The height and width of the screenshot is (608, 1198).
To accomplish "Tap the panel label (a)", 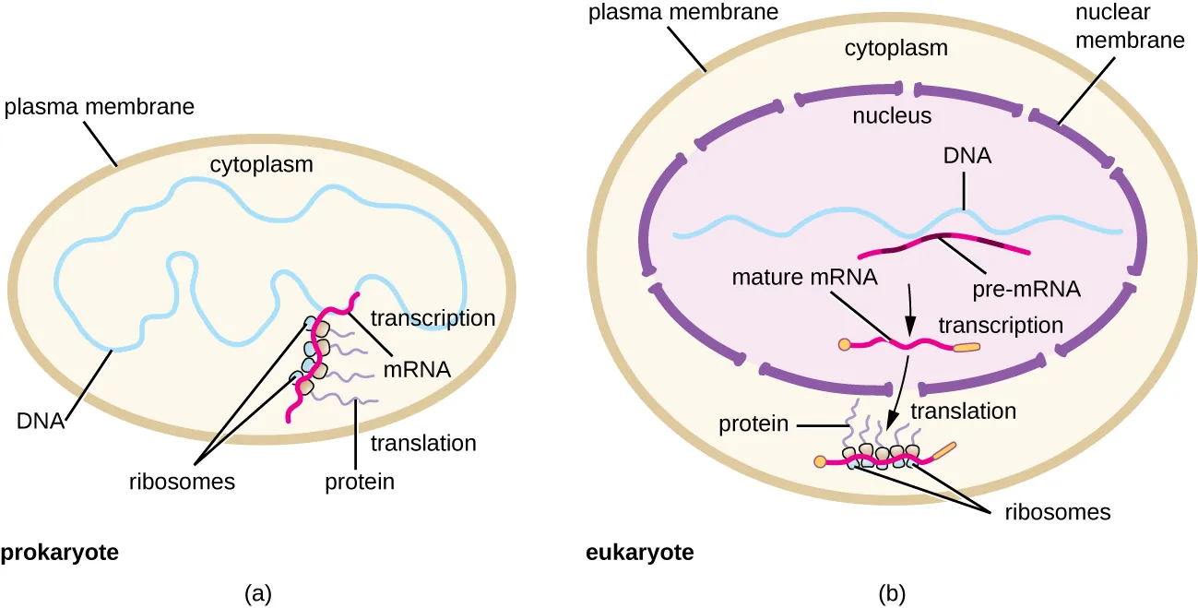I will tap(257, 592).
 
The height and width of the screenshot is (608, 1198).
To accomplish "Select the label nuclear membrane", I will tap(1116, 28).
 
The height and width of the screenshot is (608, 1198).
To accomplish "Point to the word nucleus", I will tap(891, 116).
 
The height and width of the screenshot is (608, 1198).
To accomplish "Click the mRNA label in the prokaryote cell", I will tap(418, 371).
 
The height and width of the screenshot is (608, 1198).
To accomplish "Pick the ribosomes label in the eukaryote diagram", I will tap(1057, 511).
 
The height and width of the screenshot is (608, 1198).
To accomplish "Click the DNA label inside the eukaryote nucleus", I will tap(967, 156).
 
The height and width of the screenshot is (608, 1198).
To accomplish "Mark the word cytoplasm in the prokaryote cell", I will tap(261, 165).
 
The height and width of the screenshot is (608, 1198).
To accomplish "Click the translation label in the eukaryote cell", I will tap(963, 411).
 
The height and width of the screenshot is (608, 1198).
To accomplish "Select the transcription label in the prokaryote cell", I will tap(433, 318).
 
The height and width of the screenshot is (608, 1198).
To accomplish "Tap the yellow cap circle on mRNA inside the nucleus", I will tap(843, 345).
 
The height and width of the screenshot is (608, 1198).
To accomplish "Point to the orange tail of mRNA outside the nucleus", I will tap(943, 451).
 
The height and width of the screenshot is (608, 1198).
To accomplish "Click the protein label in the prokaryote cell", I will tap(360, 481).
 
